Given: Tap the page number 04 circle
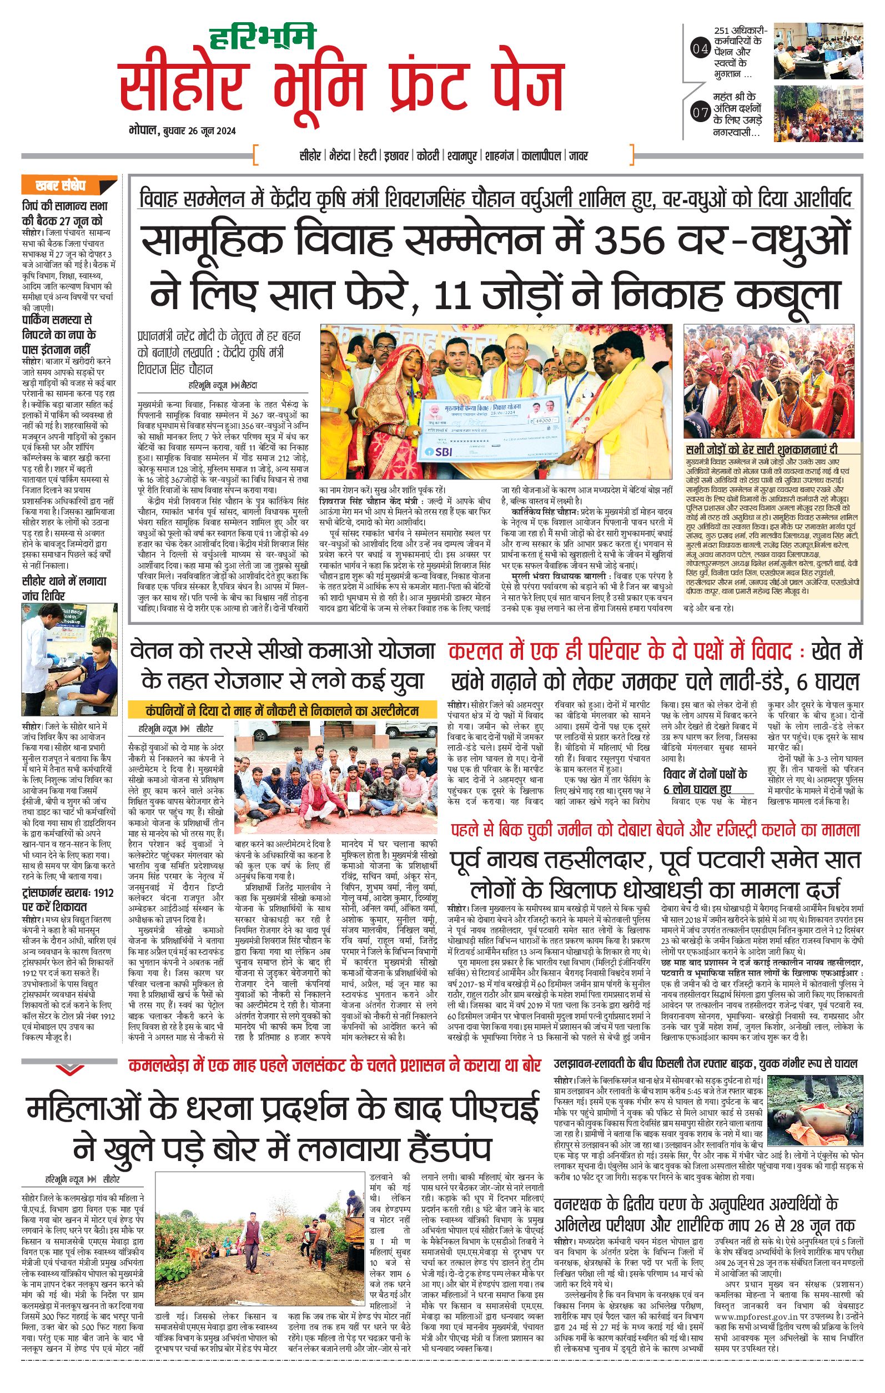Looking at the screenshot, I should tap(700, 50).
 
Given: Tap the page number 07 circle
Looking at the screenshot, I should tap(700, 112).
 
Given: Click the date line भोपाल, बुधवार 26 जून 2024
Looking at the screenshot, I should tap(182, 131).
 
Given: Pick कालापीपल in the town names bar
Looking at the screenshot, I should tap(541, 156).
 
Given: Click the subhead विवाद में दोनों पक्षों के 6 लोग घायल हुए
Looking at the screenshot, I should tap(705, 781).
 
